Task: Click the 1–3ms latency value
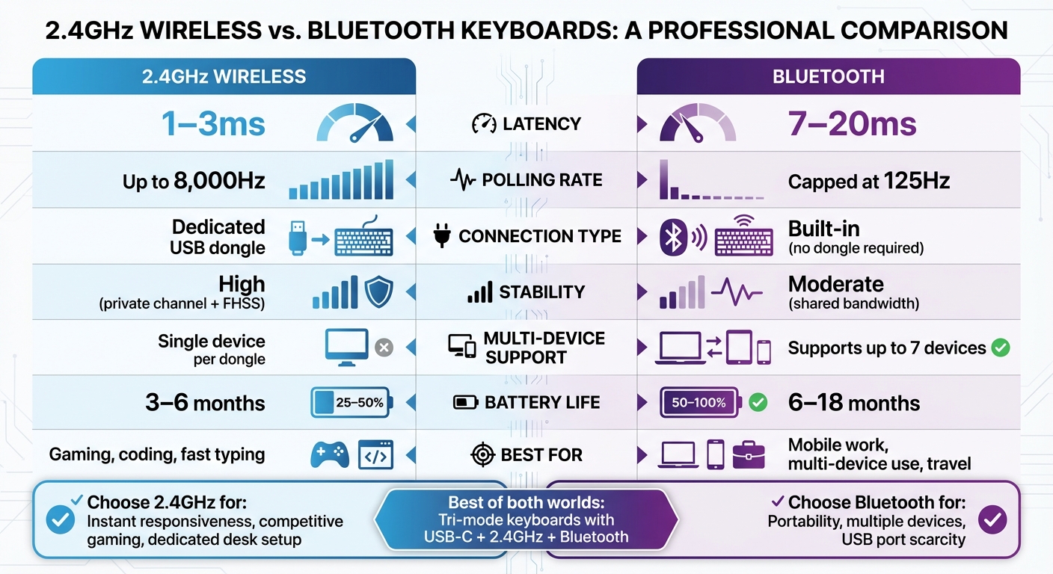click(x=215, y=124)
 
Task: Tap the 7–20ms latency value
click(x=852, y=124)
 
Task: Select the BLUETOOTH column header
click(x=828, y=76)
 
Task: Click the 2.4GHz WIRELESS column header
click(x=224, y=76)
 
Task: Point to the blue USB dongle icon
click(x=298, y=238)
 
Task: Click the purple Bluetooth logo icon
click(x=673, y=238)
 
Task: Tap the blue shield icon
click(x=379, y=292)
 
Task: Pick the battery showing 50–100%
click(x=700, y=403)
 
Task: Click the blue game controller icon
click(x=329, y=454)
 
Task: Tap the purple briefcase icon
click(x=749, y=454)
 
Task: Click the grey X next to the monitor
click(x=384, y=348)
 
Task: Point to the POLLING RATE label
click(x=542, y=180)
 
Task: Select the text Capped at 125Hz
click(x=868, y=181)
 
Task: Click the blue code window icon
click(x=375, y=454)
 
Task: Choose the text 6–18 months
click(x=854, y=404)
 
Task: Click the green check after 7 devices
click(x=1000, y=348)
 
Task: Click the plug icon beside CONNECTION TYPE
click(x=442, y=237)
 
